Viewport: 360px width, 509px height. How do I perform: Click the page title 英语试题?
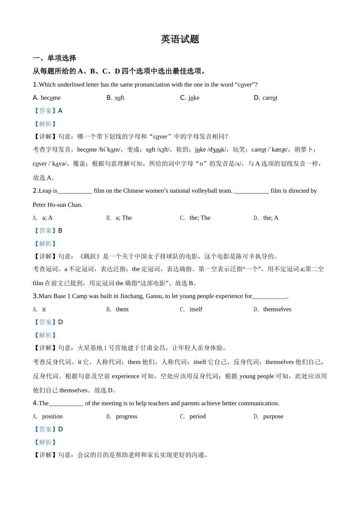[180, 39]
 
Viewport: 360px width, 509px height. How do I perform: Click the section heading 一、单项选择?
[55, 58]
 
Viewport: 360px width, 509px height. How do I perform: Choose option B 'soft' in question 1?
[119, 98]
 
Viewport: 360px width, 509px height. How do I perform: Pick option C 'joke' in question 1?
[194, 98]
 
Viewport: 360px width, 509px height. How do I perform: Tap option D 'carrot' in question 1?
[270, 98]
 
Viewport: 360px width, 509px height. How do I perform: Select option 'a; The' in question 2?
[124, 218]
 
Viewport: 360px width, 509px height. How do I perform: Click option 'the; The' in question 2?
[200, 218]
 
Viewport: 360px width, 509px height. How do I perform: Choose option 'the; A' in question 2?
[271, 218]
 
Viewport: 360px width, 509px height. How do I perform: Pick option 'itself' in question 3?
[196, 309]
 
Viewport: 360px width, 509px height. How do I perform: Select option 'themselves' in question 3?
[277, 309]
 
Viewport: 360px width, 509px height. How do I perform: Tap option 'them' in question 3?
[122, 309]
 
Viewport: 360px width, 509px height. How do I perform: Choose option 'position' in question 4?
[52, 417]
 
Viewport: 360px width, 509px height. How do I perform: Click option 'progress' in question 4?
[127, 417]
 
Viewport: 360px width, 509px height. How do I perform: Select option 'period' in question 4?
[197, 417]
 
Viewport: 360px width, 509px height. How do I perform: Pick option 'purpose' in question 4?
[273, 417]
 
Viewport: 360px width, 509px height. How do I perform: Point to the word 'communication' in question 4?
[259, 403]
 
